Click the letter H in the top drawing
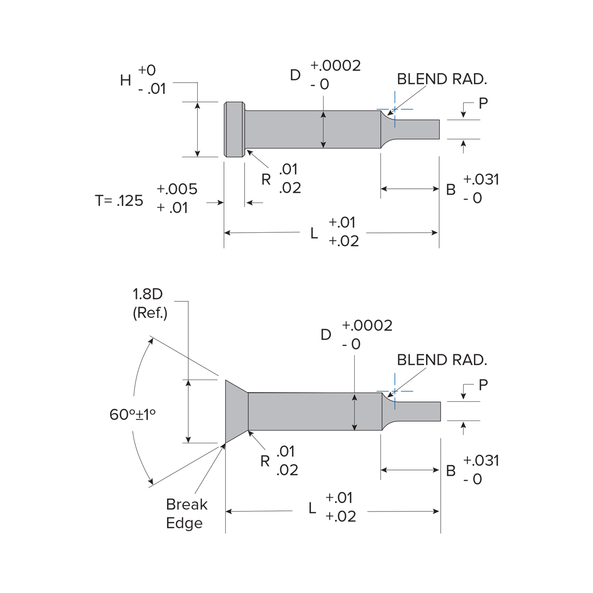[x=126, y=80]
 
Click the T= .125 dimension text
[x=119, y=201]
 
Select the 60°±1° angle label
[x=132, y=414]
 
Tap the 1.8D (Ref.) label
[x=150, y=303]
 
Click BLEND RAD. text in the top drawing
[x=442, y=79]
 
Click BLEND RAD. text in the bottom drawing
[x=442, y=360]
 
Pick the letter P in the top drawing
[x=483, y=103]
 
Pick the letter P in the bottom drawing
[x=483, y=384]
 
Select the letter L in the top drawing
[x=314, y=233]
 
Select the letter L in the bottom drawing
[x=312, y=508]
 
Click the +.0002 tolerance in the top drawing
[x=336, y=65]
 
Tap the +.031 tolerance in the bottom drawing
[x=481, y=460]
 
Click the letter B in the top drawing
[x=451, y=190]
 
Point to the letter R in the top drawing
[x=266, y=180]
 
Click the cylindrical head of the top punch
[x=234, y=129]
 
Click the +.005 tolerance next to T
[x=176, y=189]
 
